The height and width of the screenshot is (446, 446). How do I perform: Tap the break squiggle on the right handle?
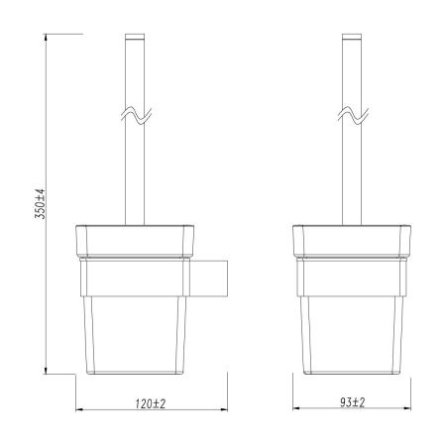click(352, 118)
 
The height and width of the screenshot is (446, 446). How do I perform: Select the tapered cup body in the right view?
click(352, 332)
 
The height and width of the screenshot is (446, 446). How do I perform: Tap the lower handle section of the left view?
click(133, 178)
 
